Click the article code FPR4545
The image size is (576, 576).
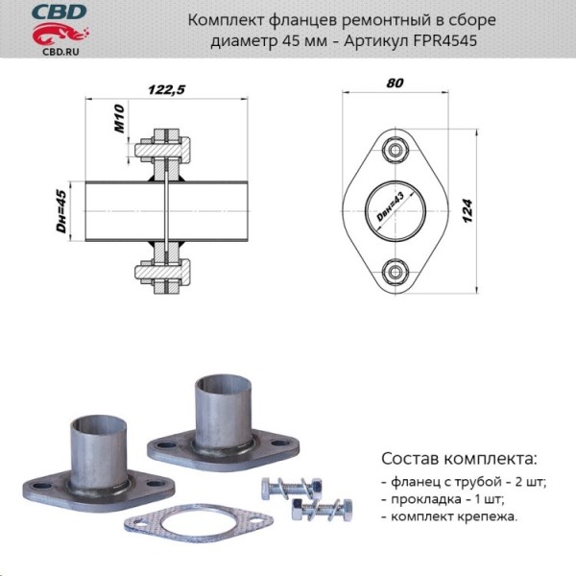445,41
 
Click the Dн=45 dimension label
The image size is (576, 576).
60,211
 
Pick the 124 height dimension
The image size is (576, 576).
468,211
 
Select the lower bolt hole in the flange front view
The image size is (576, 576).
396,271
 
